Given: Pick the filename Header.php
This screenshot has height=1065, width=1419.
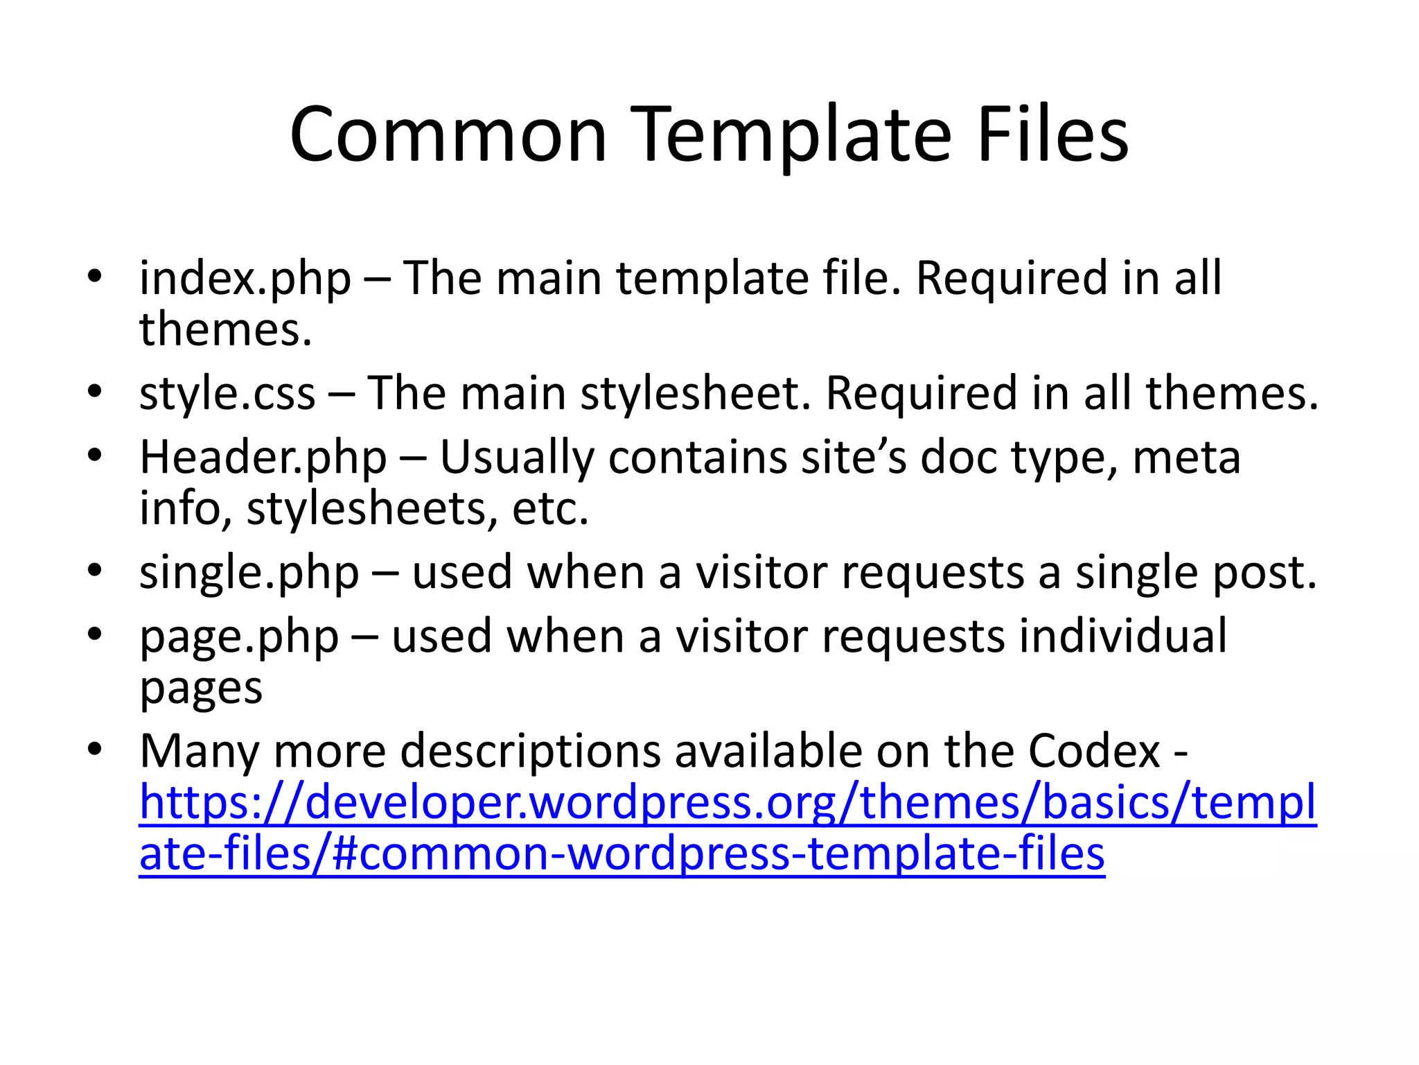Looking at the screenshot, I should coord(263,458).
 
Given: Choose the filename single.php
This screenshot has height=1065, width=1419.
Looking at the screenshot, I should coord(249,573).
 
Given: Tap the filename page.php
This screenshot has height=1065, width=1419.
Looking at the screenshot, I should coord(239,637).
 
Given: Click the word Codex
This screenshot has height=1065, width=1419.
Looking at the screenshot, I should coord(1094,751).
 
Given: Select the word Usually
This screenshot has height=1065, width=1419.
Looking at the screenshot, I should coord(517,458).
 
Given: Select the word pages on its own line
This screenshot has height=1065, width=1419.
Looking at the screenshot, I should coord(201,689).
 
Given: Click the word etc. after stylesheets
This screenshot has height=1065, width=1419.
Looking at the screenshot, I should coord(550,510).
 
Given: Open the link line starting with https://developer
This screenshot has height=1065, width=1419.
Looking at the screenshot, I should coord(728,803).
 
